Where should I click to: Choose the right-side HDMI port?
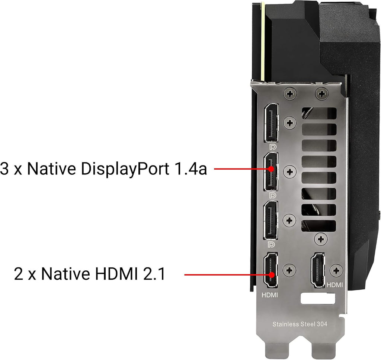coord(318,270)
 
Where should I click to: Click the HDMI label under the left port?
coord(269,295)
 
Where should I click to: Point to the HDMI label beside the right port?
coord(335,285)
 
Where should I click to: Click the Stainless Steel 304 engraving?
coord(300,324)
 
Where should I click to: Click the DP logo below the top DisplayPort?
coord(273,147)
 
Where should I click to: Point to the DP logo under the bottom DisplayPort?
coord(271,244)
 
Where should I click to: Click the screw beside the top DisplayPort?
coord(289,123)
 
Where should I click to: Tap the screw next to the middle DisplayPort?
coord(289,172)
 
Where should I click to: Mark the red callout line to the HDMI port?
coord(228,275)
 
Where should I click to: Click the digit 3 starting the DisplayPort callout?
coord(4,168)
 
